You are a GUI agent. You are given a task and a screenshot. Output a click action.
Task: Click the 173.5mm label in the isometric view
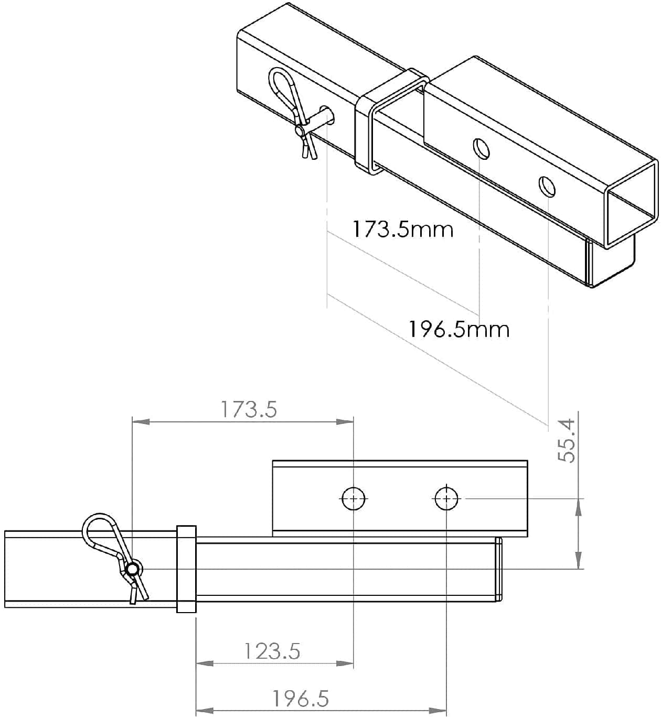(402, 230)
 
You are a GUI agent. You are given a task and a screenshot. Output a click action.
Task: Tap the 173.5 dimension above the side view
(248, 409)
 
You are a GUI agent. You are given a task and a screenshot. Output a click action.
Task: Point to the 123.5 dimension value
(272, 651)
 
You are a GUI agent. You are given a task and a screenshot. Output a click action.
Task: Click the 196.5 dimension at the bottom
(301, 699)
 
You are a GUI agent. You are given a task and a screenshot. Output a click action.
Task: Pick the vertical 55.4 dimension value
(567, 440)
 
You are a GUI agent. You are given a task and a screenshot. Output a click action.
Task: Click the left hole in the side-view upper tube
(353, 498)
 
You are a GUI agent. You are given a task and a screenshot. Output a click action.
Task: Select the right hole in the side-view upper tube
(446, 498)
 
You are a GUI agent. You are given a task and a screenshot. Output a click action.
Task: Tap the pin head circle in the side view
(133, 569)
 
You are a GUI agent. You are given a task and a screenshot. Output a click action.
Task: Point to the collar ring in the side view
(186, 569)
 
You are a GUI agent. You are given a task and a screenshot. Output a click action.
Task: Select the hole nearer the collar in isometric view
(481, 148)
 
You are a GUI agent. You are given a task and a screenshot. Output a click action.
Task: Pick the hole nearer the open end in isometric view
(547, 186)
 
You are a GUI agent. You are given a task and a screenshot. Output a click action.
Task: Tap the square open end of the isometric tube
(631, 203)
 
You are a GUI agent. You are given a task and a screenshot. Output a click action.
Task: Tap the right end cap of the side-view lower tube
(499, 569)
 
